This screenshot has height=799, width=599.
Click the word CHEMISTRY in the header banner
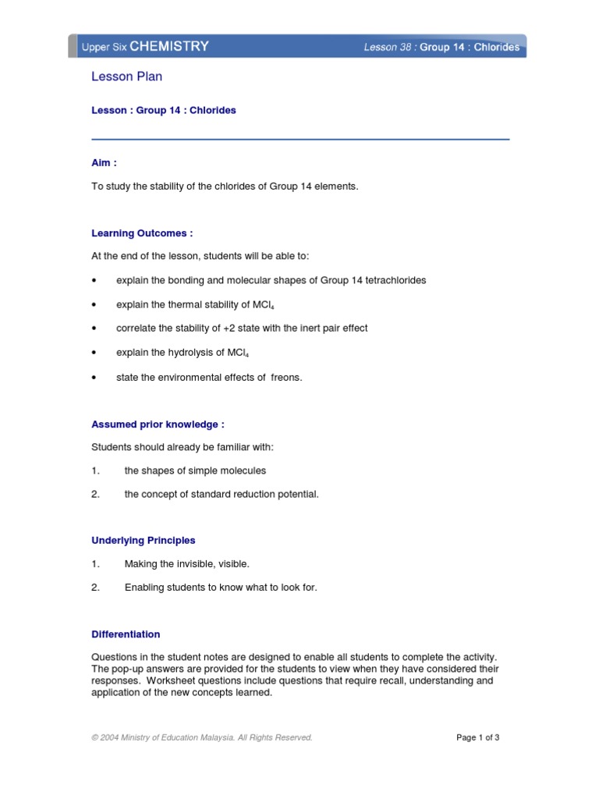(169, 46)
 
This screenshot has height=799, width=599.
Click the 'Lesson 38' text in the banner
(388, 48)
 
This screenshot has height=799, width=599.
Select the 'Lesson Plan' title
(127, 76)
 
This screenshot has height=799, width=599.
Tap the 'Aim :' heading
(105, 163)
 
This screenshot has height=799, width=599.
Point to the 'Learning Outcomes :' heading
(142, 233)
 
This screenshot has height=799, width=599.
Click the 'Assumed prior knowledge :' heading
(158, 424)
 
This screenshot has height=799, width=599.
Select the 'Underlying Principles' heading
(144, 540)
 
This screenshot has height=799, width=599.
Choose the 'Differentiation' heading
(126, 634)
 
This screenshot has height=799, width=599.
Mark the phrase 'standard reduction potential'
(254, 494)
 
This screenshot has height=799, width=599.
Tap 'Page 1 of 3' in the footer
(477, 737)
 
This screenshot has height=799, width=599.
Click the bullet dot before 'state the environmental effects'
(94, 378)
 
